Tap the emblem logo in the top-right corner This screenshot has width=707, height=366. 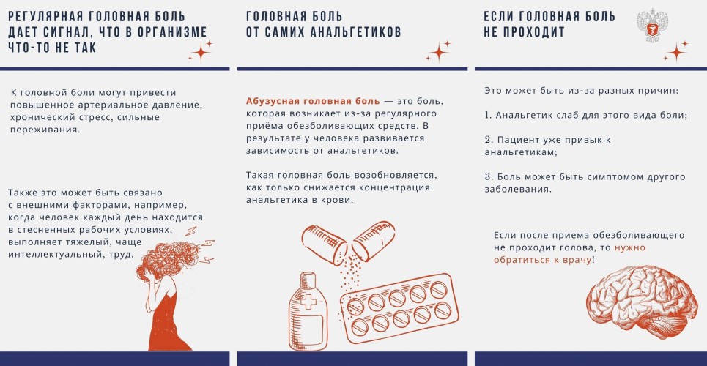[x=652, y=25]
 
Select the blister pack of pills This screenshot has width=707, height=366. [x=399, y=308]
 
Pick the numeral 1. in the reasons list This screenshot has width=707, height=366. [x=489, y=115]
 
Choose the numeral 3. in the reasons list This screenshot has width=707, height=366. [x=489, y=176]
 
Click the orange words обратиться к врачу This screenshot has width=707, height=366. [x=542, y=260]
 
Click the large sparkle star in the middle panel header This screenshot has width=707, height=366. [x=439, y=52]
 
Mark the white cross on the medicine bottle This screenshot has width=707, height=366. [x=308, y=301]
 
